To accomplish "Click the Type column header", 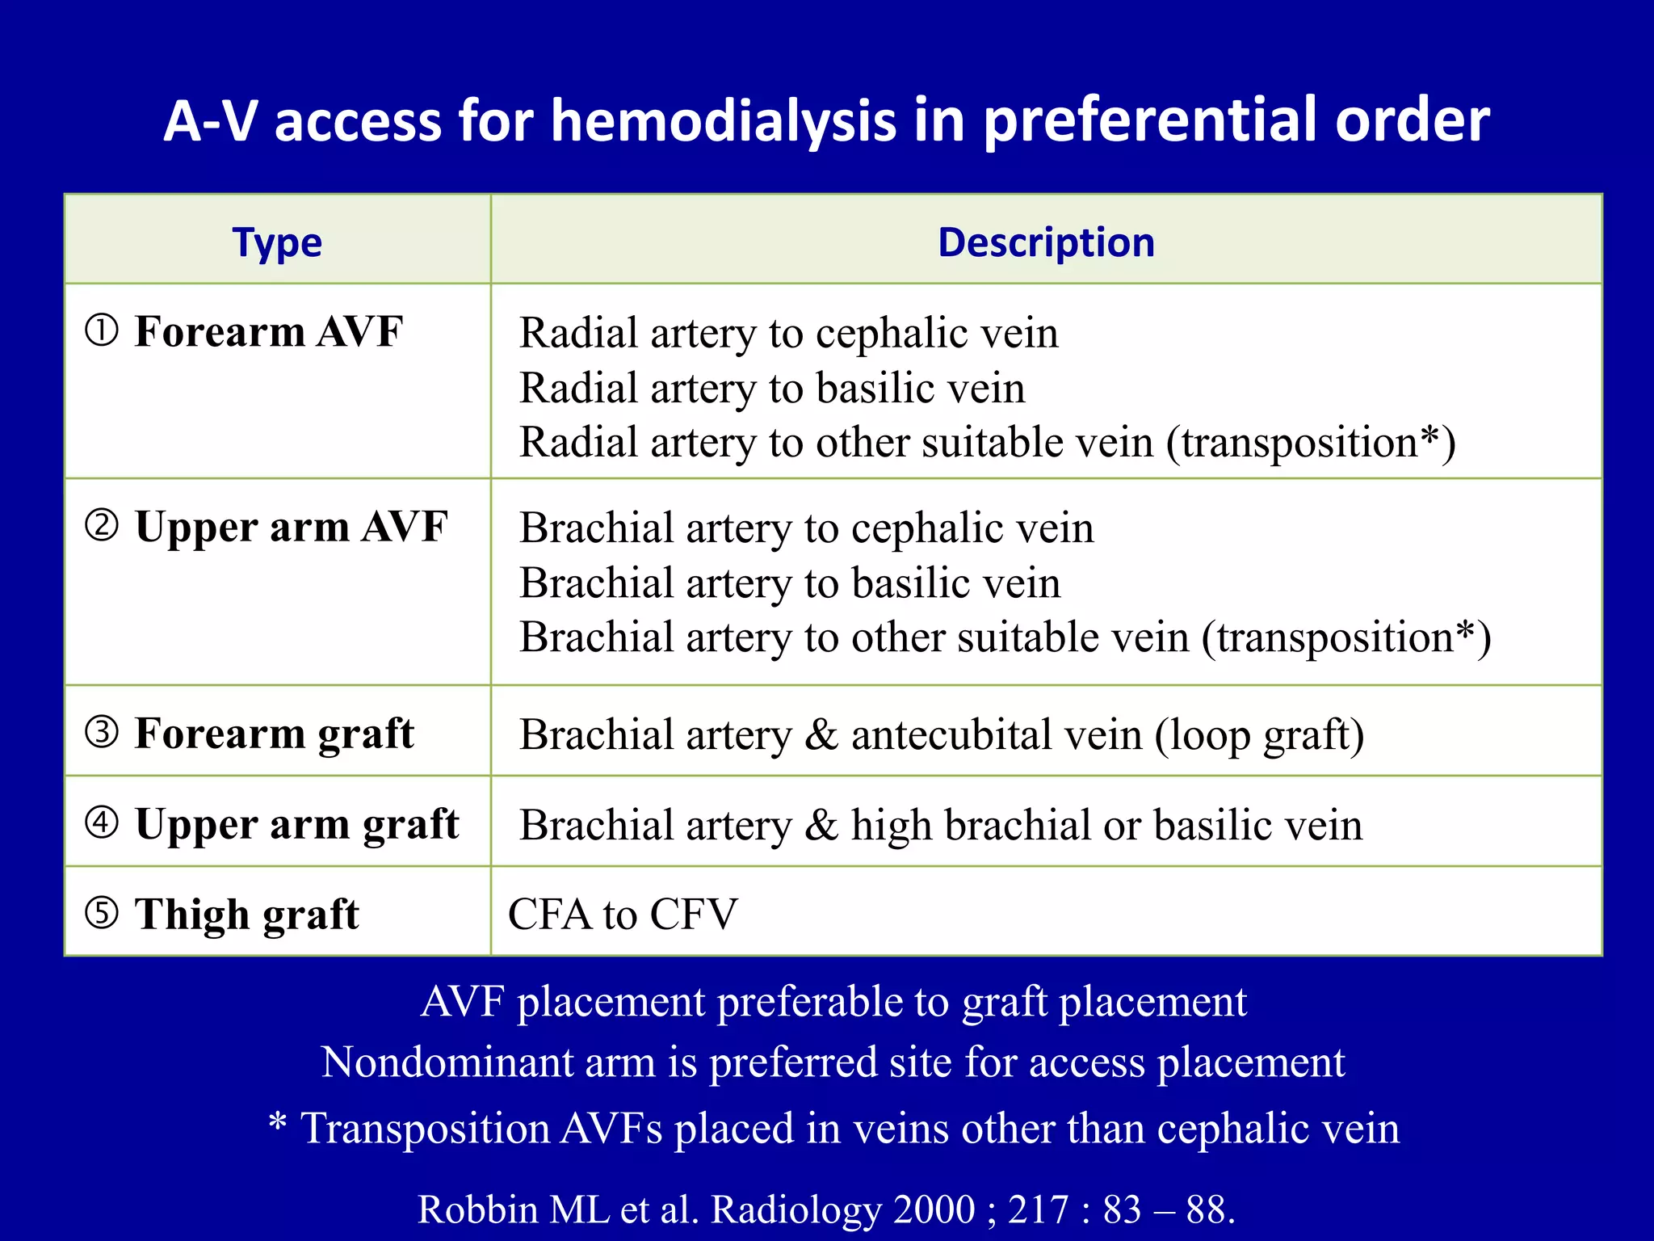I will coord(277,243).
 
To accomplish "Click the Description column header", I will coord(1046,243).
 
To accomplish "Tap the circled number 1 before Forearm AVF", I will coord(103,330).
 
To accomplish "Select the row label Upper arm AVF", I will coord(291,527).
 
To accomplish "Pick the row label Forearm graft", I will coord(274,734).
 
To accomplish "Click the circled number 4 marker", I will coord(103,822).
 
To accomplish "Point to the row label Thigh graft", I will coord(246,915).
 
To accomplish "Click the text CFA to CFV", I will coord(623,915).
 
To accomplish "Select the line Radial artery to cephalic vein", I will coord(788,333).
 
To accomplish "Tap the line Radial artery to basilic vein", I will coord(772,388).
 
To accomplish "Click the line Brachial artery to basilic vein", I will coord(790,583).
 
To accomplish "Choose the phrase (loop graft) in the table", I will coord(1259,735).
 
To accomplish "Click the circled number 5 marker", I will coord(103,913).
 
